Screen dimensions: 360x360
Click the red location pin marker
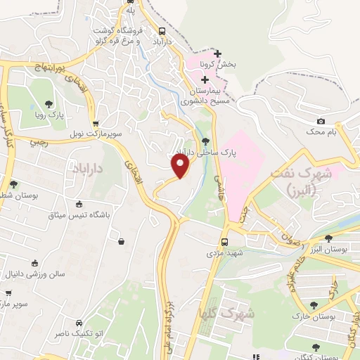point(181,166)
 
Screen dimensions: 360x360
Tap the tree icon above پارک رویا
point(49,103)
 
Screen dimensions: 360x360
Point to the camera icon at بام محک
point(321,122)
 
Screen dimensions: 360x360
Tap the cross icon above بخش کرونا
point(218,54)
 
